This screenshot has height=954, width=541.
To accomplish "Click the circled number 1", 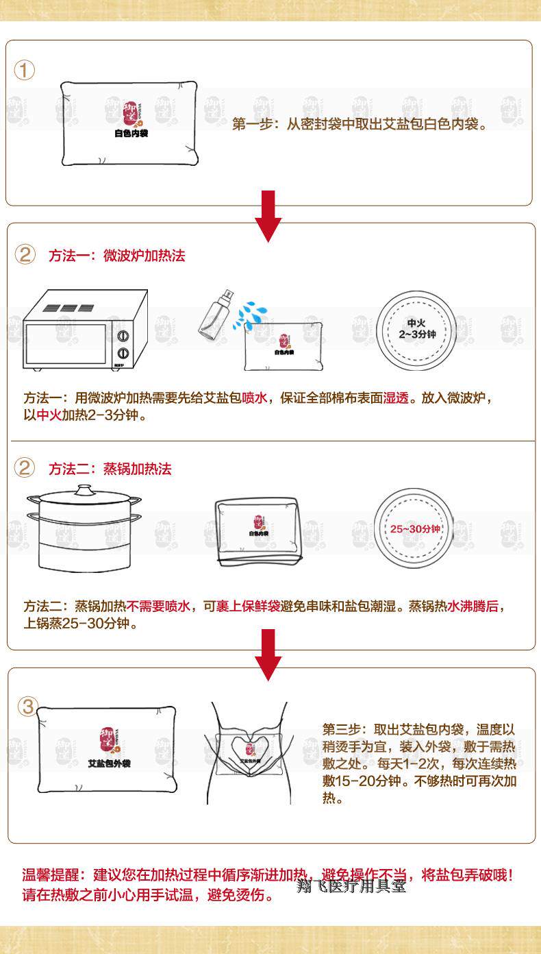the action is (x=25, y=70).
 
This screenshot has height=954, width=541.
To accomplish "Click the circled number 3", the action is (x=26, y=707).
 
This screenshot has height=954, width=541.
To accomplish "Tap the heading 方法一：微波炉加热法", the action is (x=117, y=256).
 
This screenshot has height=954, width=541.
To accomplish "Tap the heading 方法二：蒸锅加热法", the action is (x=110, y=469).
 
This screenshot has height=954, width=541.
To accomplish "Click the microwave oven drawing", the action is (x=85, y=331).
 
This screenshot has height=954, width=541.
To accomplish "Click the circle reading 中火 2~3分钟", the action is (x=417, y=329).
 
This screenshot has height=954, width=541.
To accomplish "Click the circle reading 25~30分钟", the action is (x=415, y=530).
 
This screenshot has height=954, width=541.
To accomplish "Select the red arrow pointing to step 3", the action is (x=268, y=655).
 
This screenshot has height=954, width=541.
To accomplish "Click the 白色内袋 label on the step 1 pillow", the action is (x=131, y=133).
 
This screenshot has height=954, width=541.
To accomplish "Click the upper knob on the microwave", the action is (x=124, y=337).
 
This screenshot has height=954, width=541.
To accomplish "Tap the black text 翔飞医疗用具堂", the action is (x=351, y=886).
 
